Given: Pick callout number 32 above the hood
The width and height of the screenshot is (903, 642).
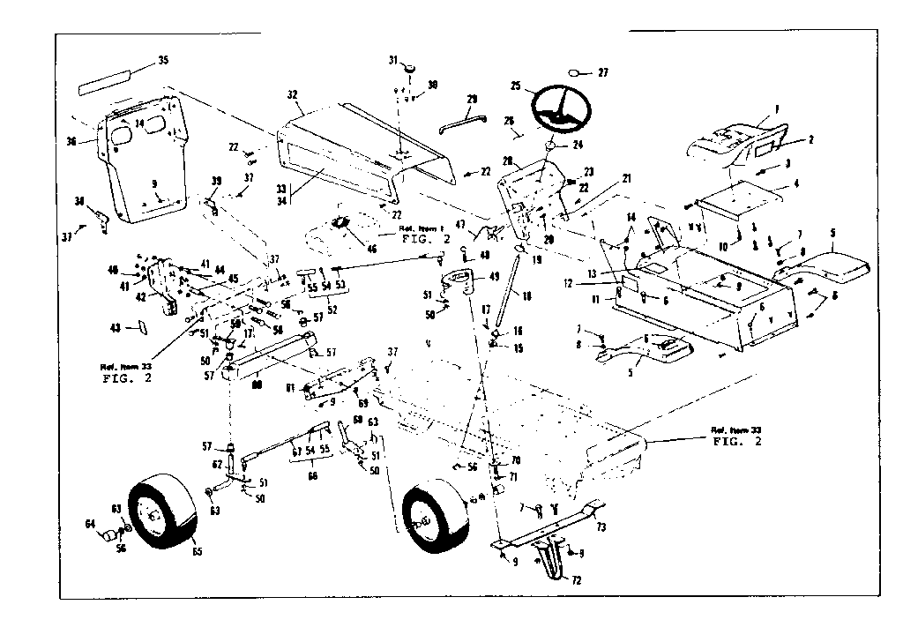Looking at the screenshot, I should tap(294, 94).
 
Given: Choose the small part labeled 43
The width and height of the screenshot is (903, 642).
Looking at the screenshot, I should tap(138, 326).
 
